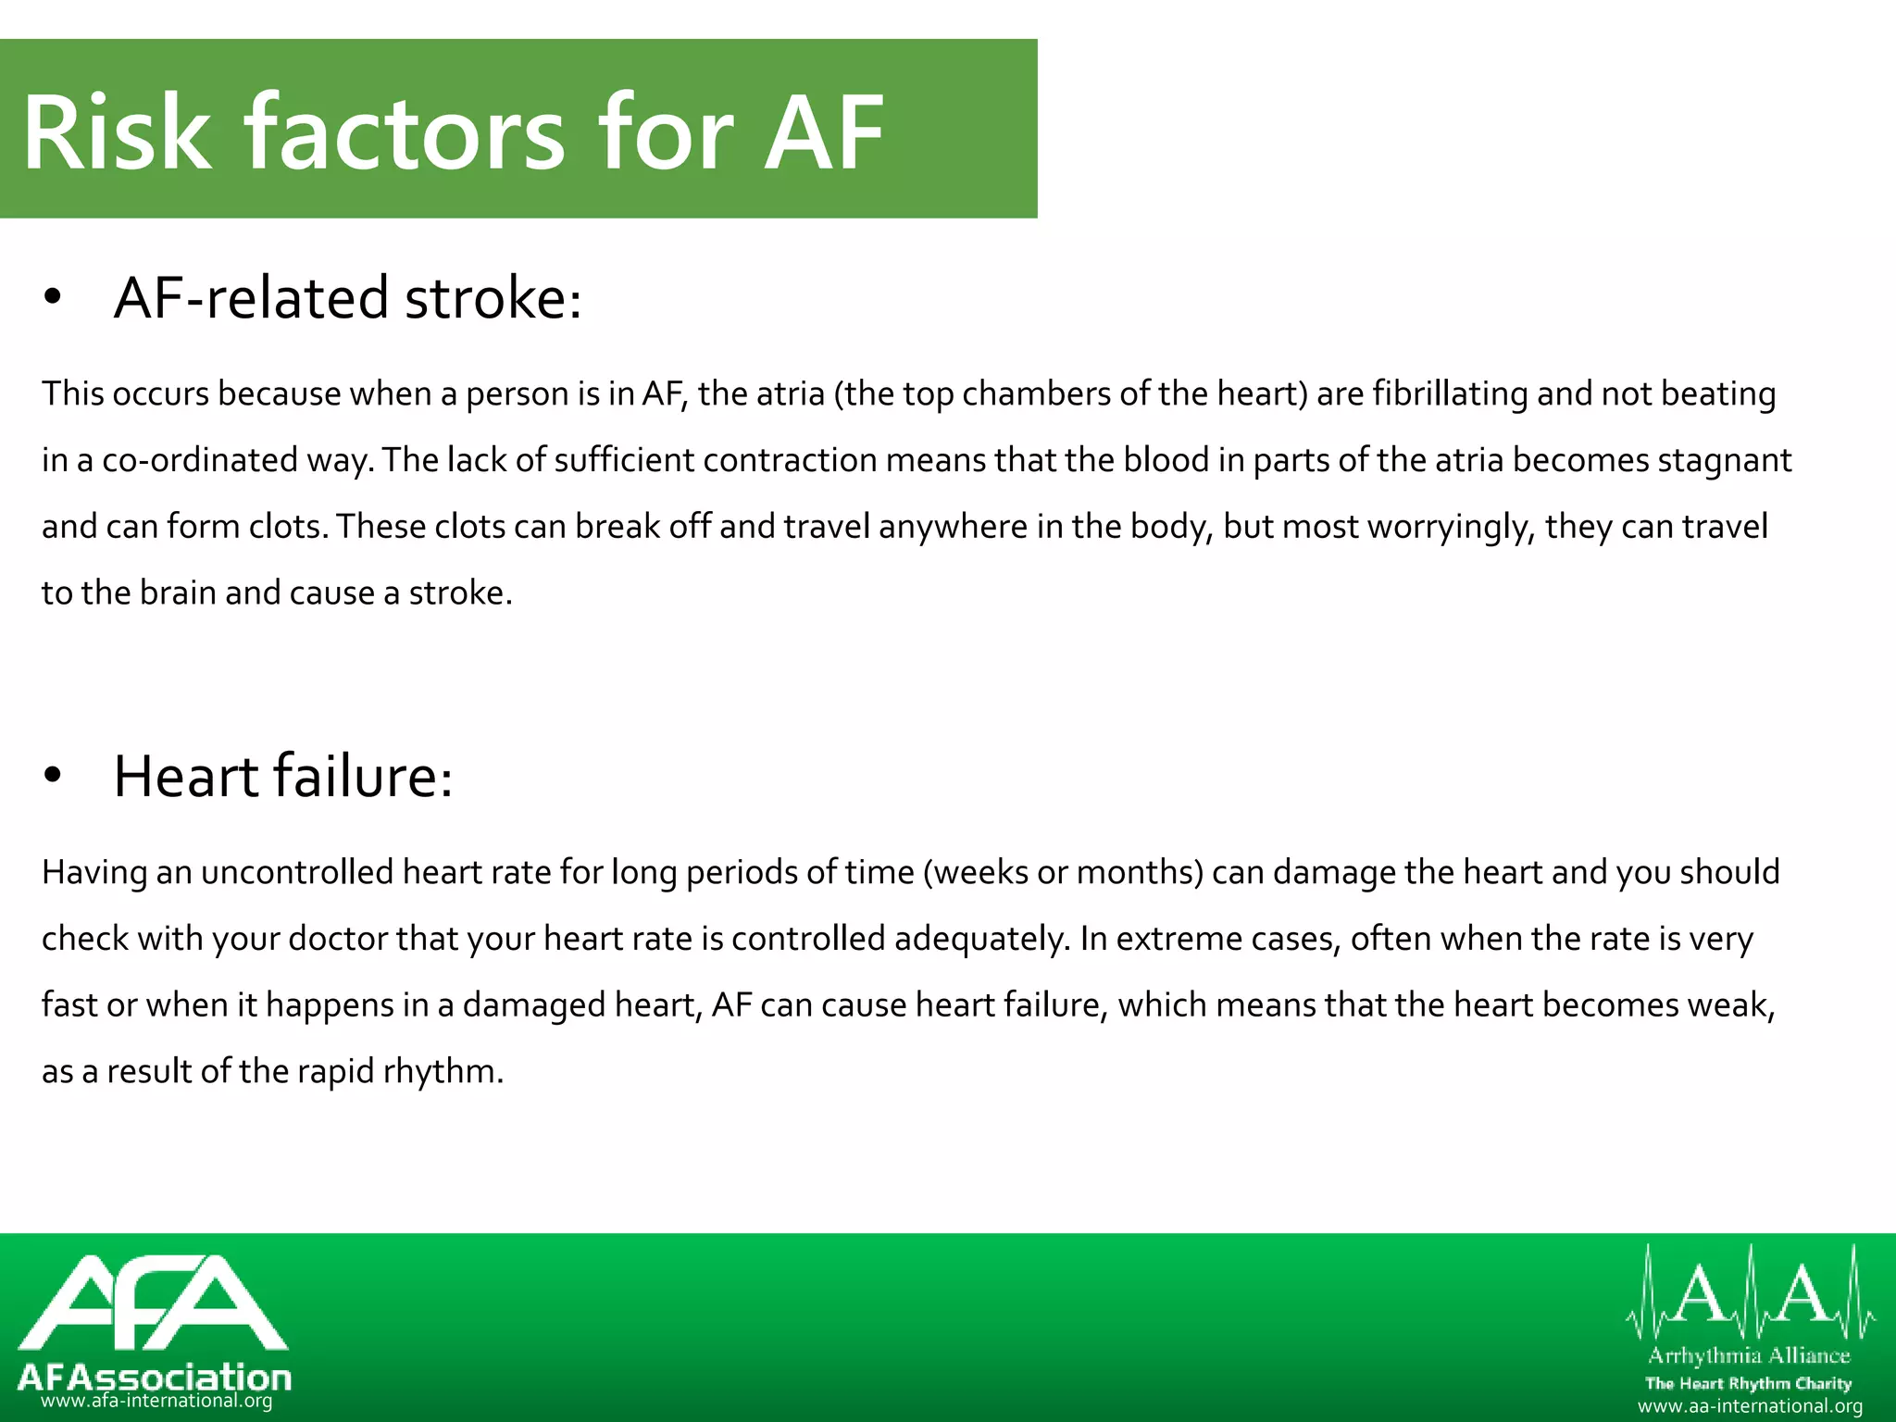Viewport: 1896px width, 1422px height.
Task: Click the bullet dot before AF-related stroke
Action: [x=53, y=297]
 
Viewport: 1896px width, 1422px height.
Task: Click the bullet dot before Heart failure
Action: [x=53, y=776]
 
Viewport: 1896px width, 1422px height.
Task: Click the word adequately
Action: [x=982, y=939]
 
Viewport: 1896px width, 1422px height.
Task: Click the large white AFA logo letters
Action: [x=153, y=1303]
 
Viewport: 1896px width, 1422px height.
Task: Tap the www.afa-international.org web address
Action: [x=156, y=1401]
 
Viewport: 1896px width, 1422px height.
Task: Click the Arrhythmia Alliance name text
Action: [x=1749, y=1356]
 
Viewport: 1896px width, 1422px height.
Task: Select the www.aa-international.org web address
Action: [x=1750, y=1406]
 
